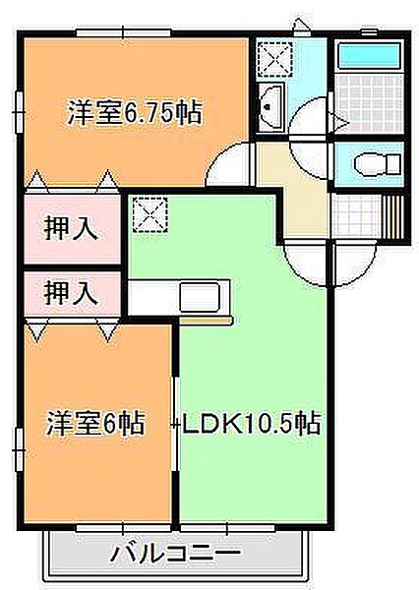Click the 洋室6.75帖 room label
click(x=135, y=113)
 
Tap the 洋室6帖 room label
click(x=94, y=424)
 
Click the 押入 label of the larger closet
click(x=71, y=230)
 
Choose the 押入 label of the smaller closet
click(x=71, y=293)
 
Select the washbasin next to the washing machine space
click(x=272, y=101)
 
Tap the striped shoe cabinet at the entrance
click(x=393, y=216)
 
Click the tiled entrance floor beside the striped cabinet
click(x=356, y=215)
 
